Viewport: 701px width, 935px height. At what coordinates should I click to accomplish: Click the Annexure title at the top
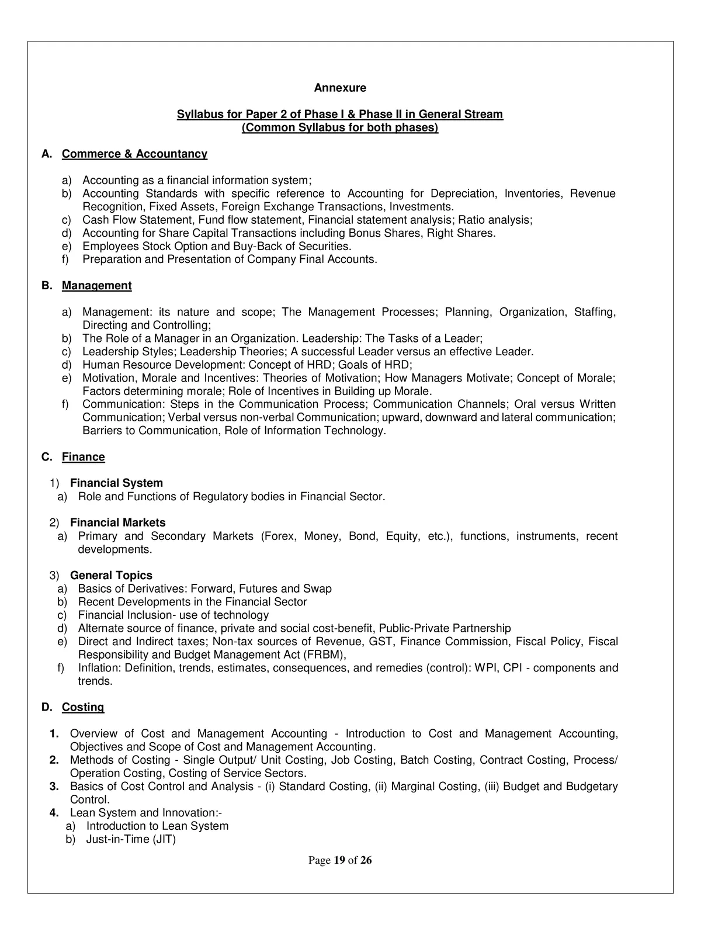pyautogui.click(x=340, y=88)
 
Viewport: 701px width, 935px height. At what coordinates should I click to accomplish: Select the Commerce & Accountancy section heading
pyautogui.click(x=134, y=154)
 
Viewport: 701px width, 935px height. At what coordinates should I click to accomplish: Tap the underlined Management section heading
pyautogui.click(x=96, y=286)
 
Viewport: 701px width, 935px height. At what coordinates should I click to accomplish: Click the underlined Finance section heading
pyautogui.click(x=83, y=457)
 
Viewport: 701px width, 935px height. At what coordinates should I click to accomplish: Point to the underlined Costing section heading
pyautogui.click(x=83, y=707)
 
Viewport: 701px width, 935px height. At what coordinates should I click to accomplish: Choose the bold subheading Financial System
pyautogui.click(x=116, y=483)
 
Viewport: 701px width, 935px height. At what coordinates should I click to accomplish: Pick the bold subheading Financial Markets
pyautogui.click(x=117, y=522)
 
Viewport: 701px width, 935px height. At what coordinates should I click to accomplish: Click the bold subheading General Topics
pyautogui.click(x=111, y=576)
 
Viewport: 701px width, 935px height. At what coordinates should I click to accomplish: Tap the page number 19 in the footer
pyautogui.click(x=339, y=860)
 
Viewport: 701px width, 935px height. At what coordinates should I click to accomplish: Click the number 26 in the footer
pyautogui.click(x=366, y=860)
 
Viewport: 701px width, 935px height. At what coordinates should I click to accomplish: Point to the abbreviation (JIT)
pyautogui.click(x=164, y=839)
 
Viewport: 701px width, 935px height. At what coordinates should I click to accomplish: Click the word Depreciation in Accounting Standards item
pyautogui.click(x=463, y=193)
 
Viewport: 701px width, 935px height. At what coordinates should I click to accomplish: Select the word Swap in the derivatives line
pyautogui.click(x=317, y=589)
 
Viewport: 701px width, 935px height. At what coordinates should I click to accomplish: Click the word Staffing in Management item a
pyautogui.click(x=595, y=312)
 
